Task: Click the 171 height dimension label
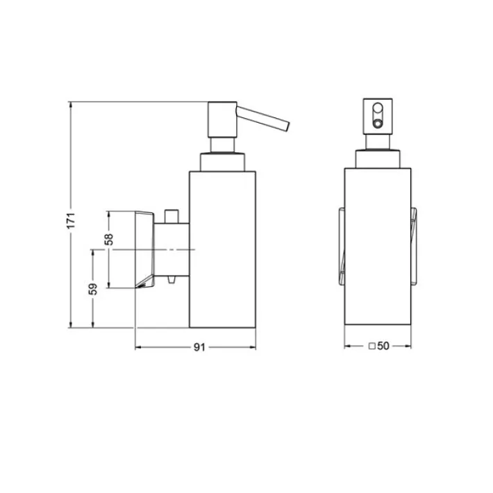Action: [x=72, y=220]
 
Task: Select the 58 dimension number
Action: [x=109, y=240]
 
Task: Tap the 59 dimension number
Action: [x=93, y=289]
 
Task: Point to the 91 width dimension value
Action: [x=199, y=347]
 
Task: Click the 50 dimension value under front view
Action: [x=383, y=346]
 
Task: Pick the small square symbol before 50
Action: [x=372, y=346]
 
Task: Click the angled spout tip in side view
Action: [x=287, y=126]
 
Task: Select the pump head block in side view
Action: [x=222, y=119]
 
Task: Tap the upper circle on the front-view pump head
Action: [x=378, y=108]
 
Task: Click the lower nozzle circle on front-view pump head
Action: [x=378, y=124]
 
